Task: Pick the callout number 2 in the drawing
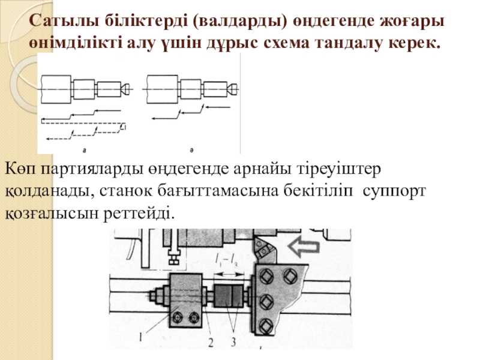tap(211, 342)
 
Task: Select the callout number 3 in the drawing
tap(233, 342)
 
